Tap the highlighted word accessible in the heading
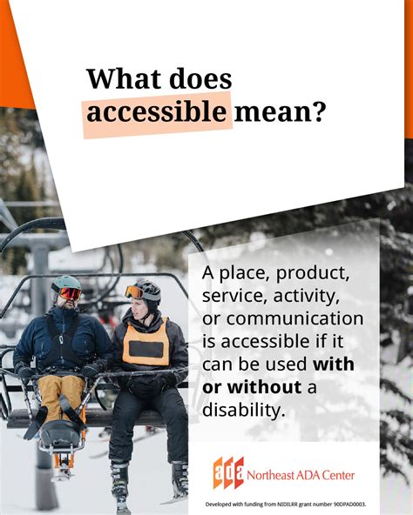(x=156, y=113)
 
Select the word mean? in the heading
(x=281, y=112)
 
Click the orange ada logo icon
(x=228, y=472)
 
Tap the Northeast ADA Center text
(x=301, y=475)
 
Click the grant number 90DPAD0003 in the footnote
(x=345, y=504)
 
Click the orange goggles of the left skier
(x=70, y=293)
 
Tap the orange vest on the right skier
(x=146, y=342)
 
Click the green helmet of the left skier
(x=67, y=283)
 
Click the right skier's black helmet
(x=148, y=286)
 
